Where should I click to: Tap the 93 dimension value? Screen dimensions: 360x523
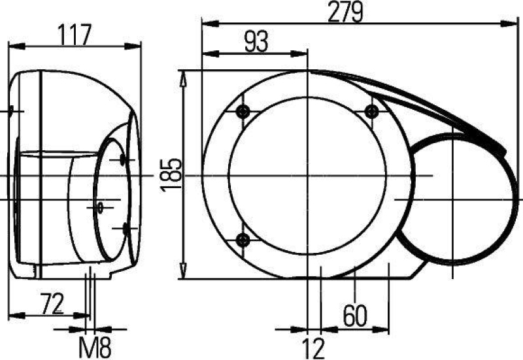pyautogui.click(x=256, y=42)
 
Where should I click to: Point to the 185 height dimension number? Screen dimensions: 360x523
pyautogui.click(x=171, y=175)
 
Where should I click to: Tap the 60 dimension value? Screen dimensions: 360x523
pyautogui.click(x=355, y=316)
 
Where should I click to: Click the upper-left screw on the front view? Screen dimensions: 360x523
pyautogui.click(x=244, y=110)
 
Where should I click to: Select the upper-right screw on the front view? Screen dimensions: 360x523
pyautogui.click(x=371, y=110)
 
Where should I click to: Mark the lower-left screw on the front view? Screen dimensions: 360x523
pyautogui.click(x=244, y=240)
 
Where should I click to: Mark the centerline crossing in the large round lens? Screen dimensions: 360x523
pyautogui.click(x=307, y=176)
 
